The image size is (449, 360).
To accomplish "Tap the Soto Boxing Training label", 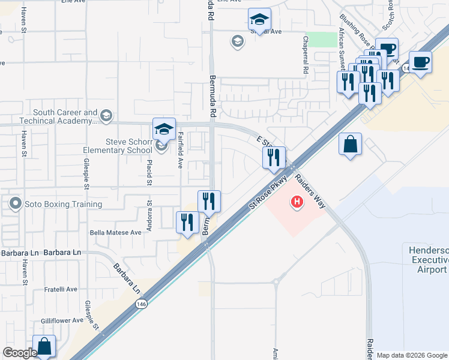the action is click(x=63, y=204).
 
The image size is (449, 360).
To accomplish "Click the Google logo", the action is click(x=20, y=353).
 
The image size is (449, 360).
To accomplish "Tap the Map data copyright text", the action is click(x=412, y=355).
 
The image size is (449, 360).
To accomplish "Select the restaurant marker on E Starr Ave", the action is click(x=273, y=158).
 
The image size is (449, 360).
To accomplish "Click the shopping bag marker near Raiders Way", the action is click(x=350, y=145).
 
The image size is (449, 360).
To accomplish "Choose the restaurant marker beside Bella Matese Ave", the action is click(x=187, y=223).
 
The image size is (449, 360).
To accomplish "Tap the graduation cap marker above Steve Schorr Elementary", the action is click(x=164, y=128).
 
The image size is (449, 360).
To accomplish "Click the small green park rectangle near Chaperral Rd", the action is click(x=324, y=40).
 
